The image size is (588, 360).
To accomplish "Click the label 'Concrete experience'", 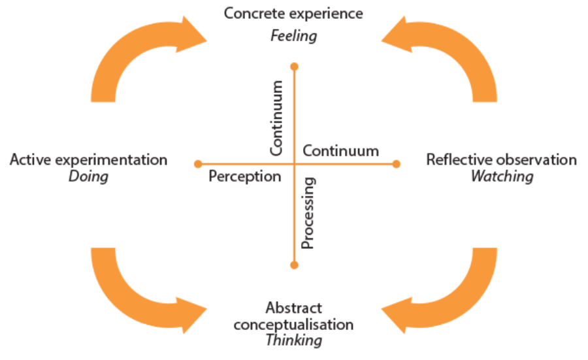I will (293, 13).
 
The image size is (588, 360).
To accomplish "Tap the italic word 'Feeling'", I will (293, 35).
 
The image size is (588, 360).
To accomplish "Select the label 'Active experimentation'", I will (88, 159).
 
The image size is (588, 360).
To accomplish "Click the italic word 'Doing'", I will (88, 176).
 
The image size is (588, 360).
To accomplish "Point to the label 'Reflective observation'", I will (502, 159).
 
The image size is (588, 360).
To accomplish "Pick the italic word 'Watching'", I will (502, 176).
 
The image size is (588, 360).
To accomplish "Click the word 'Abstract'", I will (293, 308).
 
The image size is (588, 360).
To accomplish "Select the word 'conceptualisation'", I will (293, 324).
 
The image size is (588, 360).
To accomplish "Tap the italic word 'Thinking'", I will (293, 340).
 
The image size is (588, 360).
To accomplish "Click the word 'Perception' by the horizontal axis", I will (244, 176).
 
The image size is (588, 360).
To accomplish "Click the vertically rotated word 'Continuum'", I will (278, 118).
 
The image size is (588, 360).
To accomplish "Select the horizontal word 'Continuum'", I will (340, 151).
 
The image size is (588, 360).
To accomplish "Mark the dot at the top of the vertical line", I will (294, 67).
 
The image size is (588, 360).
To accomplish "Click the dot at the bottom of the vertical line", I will (294, 265).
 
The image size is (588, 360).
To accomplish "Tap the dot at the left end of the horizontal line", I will (197, 163).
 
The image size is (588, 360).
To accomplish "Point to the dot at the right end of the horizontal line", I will (396, 164).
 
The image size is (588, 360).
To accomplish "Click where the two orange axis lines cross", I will (294, 163).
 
